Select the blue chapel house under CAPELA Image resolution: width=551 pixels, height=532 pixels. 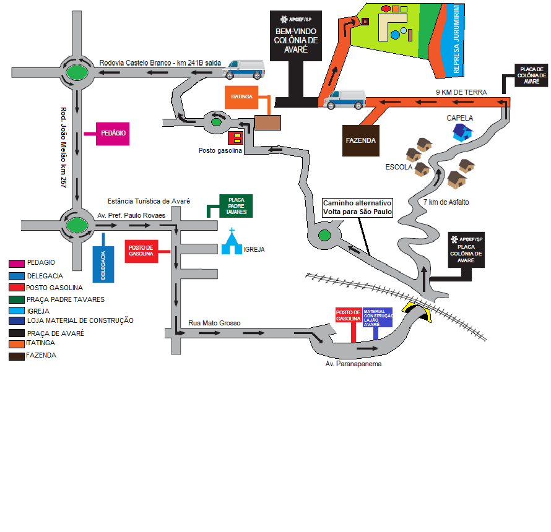pyautogui.click(x=462, y=131)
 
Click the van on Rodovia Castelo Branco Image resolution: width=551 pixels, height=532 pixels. pyautogui.click(x=245, y=69)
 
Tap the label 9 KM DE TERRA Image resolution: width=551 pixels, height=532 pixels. pyautogui.click(x=462, y=92)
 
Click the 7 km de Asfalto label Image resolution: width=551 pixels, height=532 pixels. pyautogui.click(x=446, y=202)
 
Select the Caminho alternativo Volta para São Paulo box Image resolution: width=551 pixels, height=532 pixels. pyautogui.click(x=357, y=207)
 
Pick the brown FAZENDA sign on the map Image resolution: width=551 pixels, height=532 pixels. pyautogui.click(x=360, y=140)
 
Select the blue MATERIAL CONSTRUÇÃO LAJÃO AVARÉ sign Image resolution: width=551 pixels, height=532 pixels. pyautogui.click(x=378, y=317)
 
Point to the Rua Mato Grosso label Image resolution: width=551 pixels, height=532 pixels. pyautogui.click(x=214, y=324)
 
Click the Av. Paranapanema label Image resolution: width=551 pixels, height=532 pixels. pyautogui.click(x=354, y=364)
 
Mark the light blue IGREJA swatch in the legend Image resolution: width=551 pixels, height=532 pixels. pyautogui.click(x=17, y=311)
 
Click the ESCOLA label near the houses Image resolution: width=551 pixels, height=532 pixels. pyautogui.click(x=399, y=167)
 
